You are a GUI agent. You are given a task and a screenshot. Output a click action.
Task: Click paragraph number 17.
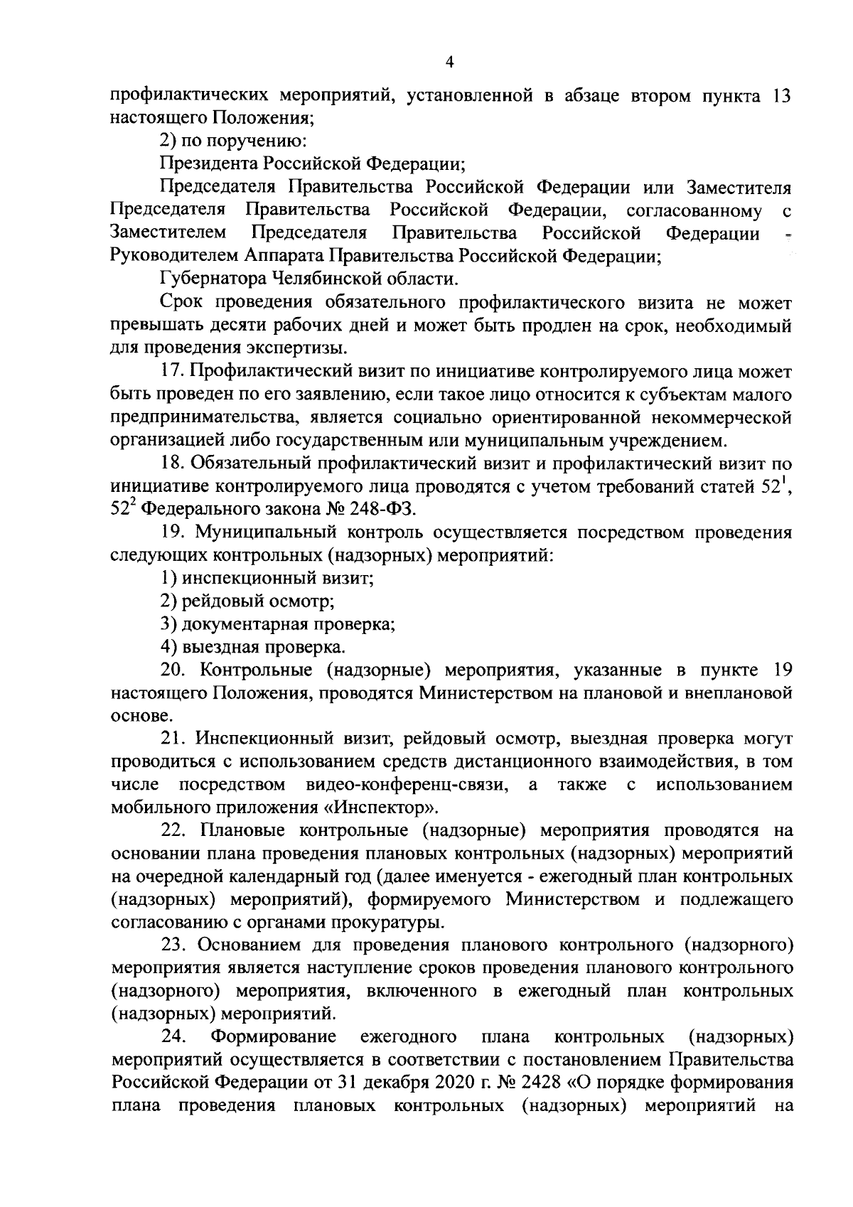pyautogui.click(x=173, y=371)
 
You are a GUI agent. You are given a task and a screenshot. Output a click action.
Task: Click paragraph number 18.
pyautogui.click(x=173, y=463)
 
